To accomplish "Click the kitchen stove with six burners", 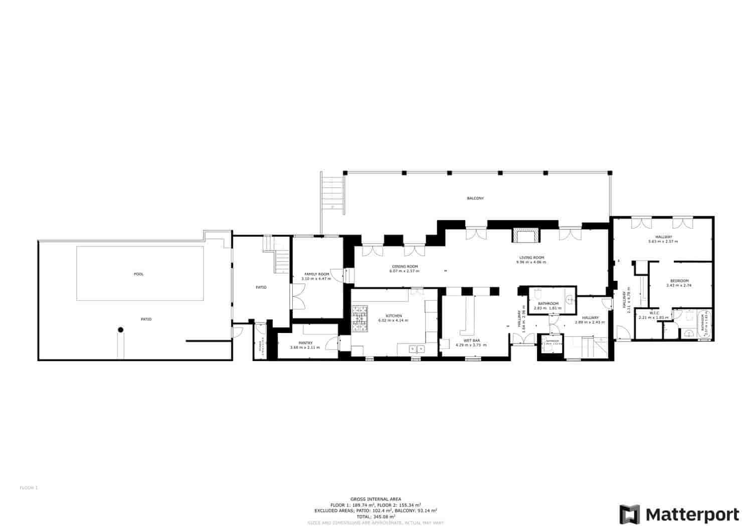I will (x=359, y=319).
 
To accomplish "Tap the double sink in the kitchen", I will (x=417, y=348).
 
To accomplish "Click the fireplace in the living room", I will (x=526, y=235).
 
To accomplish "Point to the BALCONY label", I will (x=475, y=199).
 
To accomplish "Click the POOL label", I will (x=139, y=274).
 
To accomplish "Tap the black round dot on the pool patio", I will (x=120, y=329).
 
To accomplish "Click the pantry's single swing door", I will (x=331, y=343).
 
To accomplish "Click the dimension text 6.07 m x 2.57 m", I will (x=404, y=271).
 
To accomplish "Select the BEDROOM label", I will (x=679, y=281).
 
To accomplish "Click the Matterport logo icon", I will (x=629, y=514).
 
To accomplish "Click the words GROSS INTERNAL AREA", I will (x=375, y=499).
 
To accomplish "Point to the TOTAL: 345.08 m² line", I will (x=375, y=516).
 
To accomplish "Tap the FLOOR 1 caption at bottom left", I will (x=29, y=487).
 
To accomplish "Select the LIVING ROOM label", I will (x=531, y=258).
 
